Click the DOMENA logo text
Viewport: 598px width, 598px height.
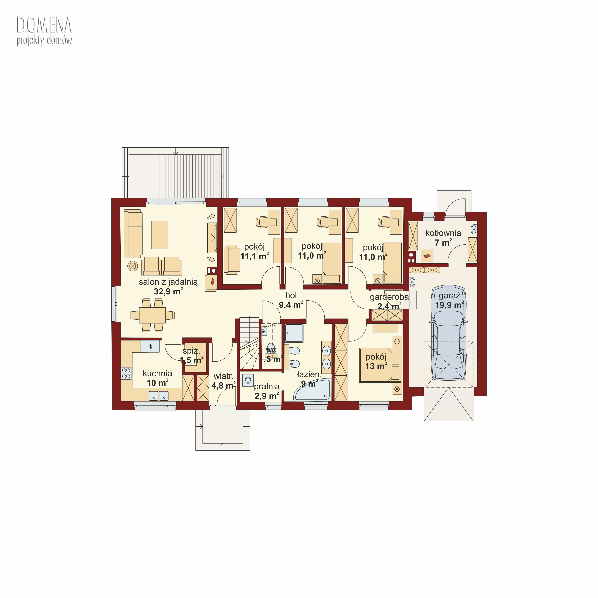click(x=44, y=25)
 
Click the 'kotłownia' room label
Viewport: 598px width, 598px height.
click(x=443, y=233)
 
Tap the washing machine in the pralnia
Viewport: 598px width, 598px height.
click(x=248, y=380)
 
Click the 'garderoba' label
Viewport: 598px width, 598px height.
click(x=389, y=297)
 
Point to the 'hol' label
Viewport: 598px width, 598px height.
click(x=291, y=295)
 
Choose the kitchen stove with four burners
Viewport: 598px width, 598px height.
click(x=126, y=373)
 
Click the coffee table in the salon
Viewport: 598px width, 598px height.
click(x=160, y=235)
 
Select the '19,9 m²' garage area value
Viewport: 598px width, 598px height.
click(x=449, y=305)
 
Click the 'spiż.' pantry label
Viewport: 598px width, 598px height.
click(x=191, y=351)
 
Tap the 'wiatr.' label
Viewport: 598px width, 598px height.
click(x=223, y=376)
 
